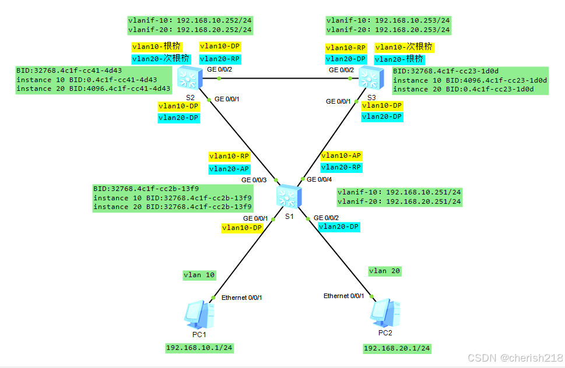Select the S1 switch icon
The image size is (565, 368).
[289, 197]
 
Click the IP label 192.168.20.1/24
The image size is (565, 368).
[397, 348]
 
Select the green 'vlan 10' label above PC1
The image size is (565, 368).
[199, 275]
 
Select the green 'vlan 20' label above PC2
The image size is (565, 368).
[385, 271]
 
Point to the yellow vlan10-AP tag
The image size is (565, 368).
[341, 155]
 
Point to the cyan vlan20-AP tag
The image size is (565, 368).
[229, 169]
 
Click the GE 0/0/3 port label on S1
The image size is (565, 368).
[254, 180]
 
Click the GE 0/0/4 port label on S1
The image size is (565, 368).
[320, 179]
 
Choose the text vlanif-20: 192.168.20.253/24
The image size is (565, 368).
[388, 29]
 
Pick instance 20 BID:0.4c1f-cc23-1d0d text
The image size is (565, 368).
[469, 89]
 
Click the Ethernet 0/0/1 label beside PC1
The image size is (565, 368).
[241, 298]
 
